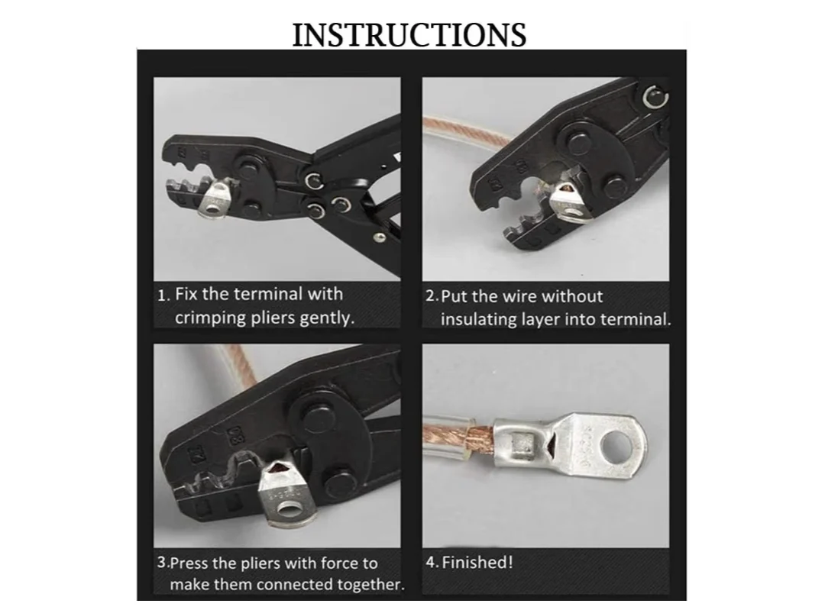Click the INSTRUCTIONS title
click(409, 34)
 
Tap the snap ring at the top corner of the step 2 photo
click(656, 97)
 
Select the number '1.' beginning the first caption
click(163, 295)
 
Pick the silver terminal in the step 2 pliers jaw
click(568, 202)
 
